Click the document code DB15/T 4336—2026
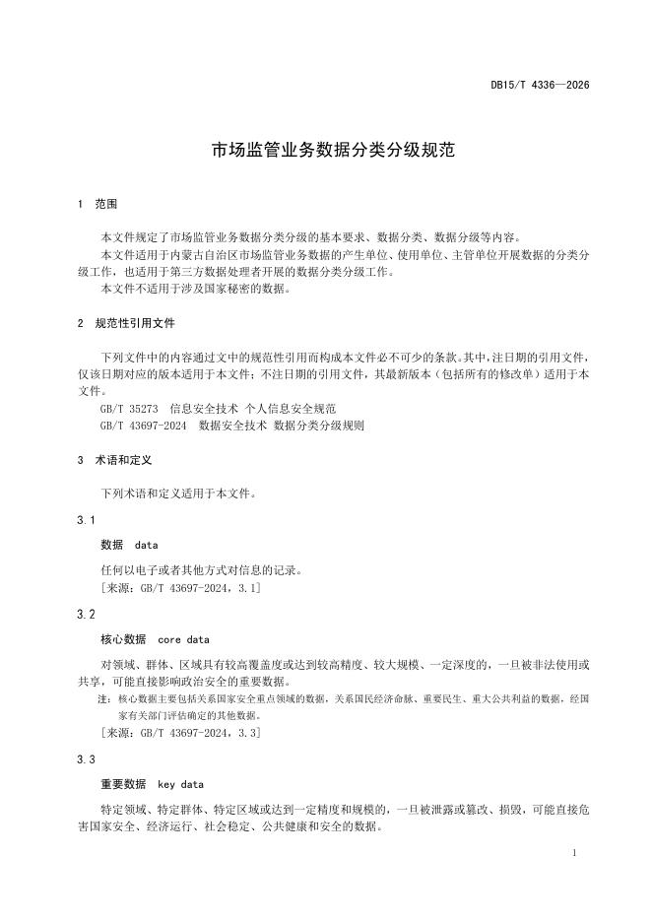pos(540,86)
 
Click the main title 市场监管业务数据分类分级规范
pos(326,153)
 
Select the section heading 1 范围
pos(97,205)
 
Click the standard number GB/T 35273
pos(130,407)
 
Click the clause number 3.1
pos(86,519)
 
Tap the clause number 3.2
pos(86,614)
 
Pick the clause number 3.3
pos(86,759)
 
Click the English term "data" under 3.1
pos(146,545)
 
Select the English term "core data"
pos(183,639)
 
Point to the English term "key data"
pos(180,785)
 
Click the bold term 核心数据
pos(123,639)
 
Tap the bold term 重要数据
pos(123,785)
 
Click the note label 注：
pos(104,698)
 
